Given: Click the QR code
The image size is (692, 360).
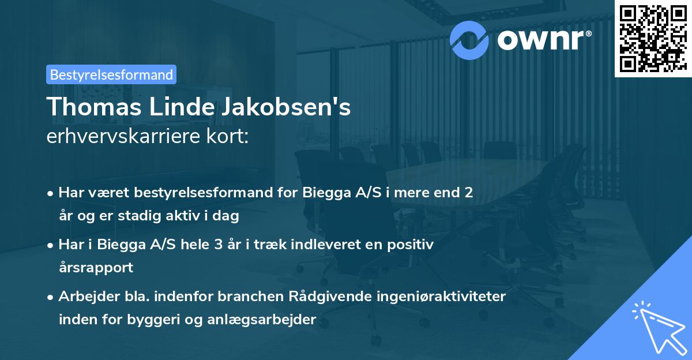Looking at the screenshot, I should (x=653, y=38).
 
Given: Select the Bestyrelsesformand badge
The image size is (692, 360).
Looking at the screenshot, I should (x=111, y=74).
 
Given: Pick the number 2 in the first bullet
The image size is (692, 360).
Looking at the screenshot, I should (x=469, y=193).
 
